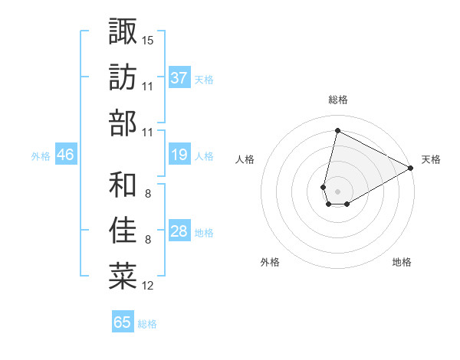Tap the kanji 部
[x=123, y=123]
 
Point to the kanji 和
[x=123, y=185]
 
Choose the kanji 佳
[x=123, y=230]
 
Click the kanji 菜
[x=123, y=276]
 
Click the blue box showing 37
[x=179, y=78]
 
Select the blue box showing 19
[x=179, y=155]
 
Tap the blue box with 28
[x=179, y=232]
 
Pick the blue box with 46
[x=65, y=155]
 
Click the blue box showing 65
[x=123, y=322]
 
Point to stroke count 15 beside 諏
[x=148, y=38]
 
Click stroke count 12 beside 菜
[x=148, y=286]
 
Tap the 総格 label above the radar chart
[x=338, y=100]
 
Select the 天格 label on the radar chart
[x=431, y=159]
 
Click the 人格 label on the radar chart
[x=245, y=159]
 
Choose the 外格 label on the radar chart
[x=270, y=262]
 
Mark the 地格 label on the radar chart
[x=402, y=262]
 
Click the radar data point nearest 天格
[x=411, y=169]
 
